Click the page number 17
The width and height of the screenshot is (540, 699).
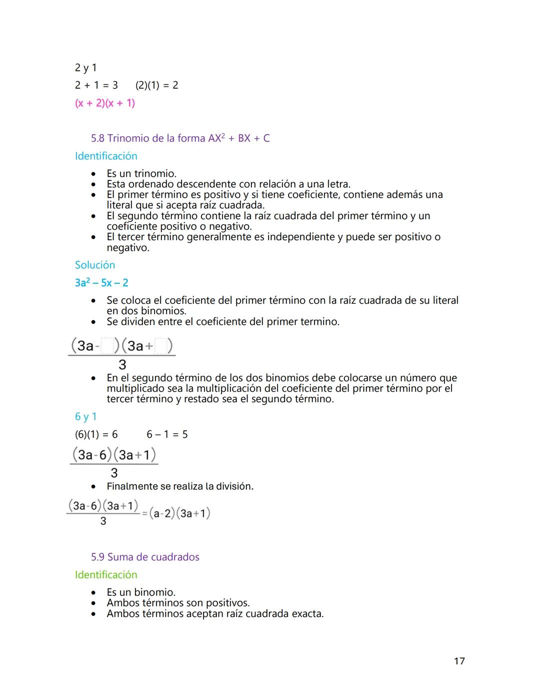pyautogui.click(x=459, y=661)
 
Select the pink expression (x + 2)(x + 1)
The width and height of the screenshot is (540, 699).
pyautogui.click(x=105, y=103)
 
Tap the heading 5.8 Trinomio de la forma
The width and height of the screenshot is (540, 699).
pyautogui.click(x=180, y=138)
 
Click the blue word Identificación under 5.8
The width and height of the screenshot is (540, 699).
pyautogui.click(x=106, y=156)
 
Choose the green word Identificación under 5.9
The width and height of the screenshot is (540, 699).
pyautogui.click(x=106, y=575)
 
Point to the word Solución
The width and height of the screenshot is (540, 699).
pyautogui.click(x=95, y=265)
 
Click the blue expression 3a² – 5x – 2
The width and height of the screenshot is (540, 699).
pyautogui.click(x=101, y=283)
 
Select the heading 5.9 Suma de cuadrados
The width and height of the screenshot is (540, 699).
pyautogui.click(x=145, y=557)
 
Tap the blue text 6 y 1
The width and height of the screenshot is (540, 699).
pyautogui.click(x=85, y=416)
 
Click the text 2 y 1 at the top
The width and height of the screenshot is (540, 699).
pyautogui.click(x=85, y=68)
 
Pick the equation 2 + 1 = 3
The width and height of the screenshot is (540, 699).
pyautogui.click(x=96, y=85)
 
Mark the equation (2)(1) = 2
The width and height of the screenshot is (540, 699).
pyautogui.click(x=156, y=85)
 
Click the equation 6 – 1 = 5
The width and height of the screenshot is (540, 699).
pyautogui.click(x=167, y=434)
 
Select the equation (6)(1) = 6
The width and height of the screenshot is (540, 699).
pyautogui.click(x=96, y=434)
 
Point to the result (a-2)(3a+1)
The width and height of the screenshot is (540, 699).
pyautogui.click(x=179, y=513)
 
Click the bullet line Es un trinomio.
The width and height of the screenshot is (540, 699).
pyautogui.click(x=141, y=174)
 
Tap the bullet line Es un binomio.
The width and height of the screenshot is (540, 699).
pyautogui.click(x=141, y=592)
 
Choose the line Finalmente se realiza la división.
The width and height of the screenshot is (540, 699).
pyautogui.click(x=180, y=486)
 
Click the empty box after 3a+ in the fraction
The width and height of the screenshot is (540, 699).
pyautogui.click(x=161, y=346)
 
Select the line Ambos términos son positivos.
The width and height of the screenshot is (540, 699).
pyautogui.click(x=178, y=603)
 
